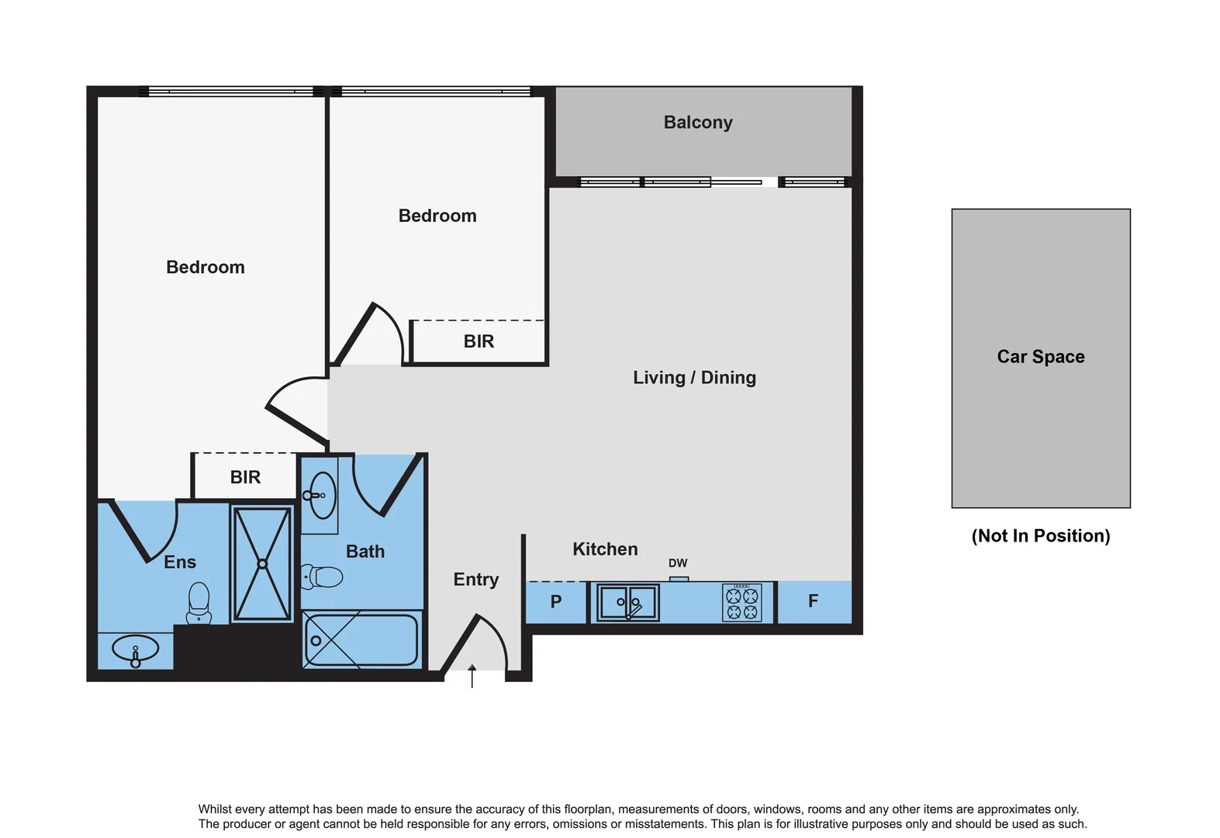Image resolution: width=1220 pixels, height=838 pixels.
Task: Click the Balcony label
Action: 697,123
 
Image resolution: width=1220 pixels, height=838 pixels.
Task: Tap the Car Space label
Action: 1040,357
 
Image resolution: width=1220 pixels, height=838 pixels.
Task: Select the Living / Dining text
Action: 694,378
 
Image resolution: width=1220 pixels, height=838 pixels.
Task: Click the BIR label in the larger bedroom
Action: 245,477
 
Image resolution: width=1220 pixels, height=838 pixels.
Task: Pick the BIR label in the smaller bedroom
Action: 479,341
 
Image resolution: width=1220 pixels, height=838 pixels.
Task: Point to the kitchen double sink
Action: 627,602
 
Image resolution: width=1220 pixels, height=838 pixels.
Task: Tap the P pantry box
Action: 555,602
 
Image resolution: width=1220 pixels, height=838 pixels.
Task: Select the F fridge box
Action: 813,601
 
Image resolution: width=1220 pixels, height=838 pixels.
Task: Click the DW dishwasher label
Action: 678,563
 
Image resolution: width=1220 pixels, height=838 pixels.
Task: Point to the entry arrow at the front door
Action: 472,676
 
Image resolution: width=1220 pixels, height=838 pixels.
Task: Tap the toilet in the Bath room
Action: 323,577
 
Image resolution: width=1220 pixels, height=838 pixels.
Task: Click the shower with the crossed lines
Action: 262,564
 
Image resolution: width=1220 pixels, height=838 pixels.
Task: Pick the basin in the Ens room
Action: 136,649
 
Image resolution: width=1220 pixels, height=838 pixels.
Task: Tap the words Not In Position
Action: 1040,536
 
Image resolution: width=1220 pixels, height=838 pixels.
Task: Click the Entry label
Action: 475,580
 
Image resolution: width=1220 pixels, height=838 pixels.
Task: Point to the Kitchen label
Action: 605,549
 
